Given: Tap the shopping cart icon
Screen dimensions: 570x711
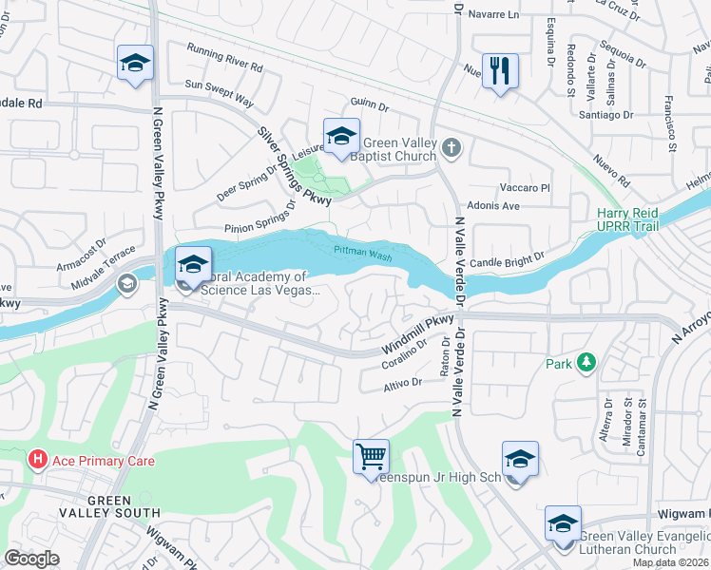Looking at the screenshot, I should coord(371,456).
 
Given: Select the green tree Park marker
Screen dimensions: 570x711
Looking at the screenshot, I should coord(586,363).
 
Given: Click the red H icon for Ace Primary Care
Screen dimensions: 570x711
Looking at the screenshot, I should coord(37,461).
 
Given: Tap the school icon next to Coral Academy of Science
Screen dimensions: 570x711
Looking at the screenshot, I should coord(193,265).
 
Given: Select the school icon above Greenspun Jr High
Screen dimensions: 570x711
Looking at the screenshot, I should coord(520,460).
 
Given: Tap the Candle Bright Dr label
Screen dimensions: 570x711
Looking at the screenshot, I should coord(508,258).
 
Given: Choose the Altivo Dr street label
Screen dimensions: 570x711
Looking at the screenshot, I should coord(402,383).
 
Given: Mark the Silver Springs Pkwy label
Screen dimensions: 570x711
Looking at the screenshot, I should coord(295,167).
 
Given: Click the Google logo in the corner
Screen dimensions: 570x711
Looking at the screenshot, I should coord(31,559).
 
